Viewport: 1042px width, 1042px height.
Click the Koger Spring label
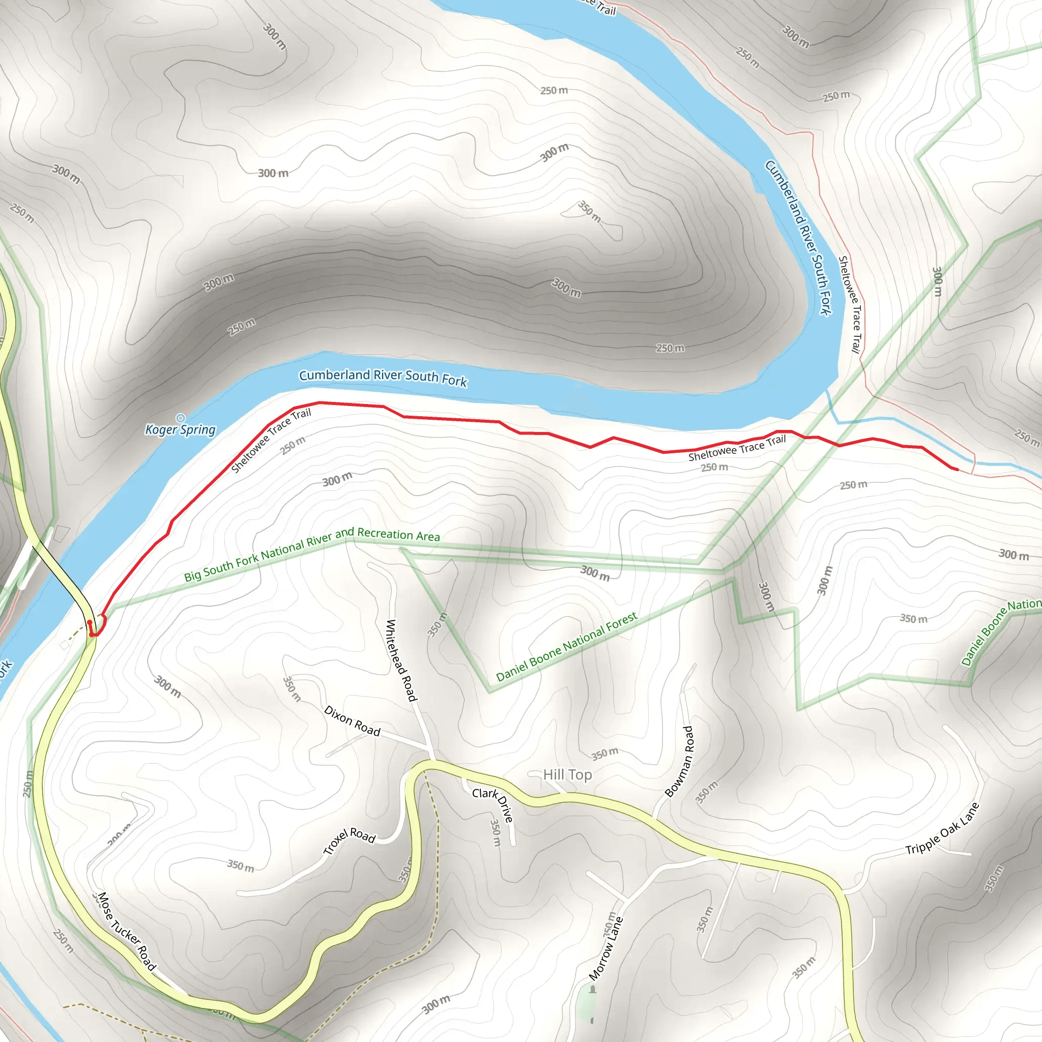pyautogui.click(x=180, y=429)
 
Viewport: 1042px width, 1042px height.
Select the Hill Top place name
pyautogui.click(x=567, y=774)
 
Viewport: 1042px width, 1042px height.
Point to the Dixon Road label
pyautogui.click(x=352, y=721)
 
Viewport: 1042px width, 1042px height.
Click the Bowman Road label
pyautogui.click(x=679, y=761)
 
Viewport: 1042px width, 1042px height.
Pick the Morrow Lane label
pyautogui.click(x=605, y=949)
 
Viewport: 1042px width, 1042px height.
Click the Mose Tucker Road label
pyautogui.click(x=127, y=932)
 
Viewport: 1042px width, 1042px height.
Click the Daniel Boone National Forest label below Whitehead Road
pyautogui.click(x=566, y=646)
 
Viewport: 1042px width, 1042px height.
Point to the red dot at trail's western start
pyautogui.click(x=90, y=622)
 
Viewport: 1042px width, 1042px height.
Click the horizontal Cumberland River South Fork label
pyautogui.click(x=383, y=378)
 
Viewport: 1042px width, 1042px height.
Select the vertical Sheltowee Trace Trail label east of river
pyautogui.click(x=850, y=304)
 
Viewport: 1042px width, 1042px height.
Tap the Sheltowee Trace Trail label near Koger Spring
pyautogui.click(x=271, y=440)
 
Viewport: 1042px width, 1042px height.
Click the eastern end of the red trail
pyautogui.click(x=957, y=469)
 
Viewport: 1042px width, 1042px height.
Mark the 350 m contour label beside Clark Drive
pyautogui.click(x=495, y=833)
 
